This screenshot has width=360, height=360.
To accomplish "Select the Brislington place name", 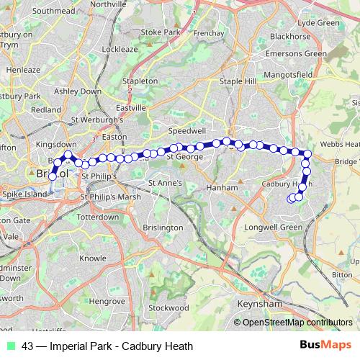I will tap(163, 228).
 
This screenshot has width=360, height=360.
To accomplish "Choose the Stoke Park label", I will tap(160, 32).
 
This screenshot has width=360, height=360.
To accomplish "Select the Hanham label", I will tap(222, 188).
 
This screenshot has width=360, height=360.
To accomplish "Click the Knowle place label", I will tap(92, 257).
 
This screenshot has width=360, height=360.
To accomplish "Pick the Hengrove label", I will tap(108, 300).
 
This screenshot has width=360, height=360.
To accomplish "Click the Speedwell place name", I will tap(186, 132).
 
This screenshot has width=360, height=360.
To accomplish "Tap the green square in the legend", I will tap(12, 346).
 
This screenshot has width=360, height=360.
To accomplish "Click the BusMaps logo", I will tap(325, 345).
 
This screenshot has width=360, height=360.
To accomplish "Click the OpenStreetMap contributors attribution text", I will tap(293, 323).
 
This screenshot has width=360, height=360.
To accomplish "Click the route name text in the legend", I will tap(107, 346).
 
